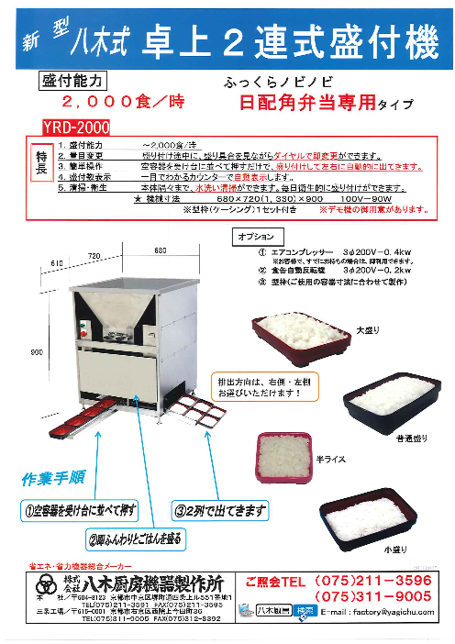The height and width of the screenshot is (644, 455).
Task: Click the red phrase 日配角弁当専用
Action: point(303,104)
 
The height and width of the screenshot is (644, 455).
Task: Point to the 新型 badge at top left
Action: point(43,38)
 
